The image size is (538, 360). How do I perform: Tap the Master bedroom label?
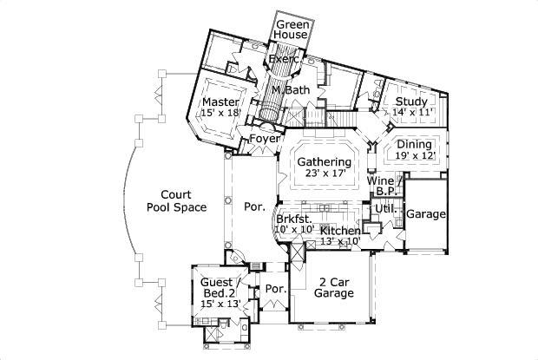(221, 101)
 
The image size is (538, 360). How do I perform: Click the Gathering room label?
(325, 162)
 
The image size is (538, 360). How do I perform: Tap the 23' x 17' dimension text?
(325, 173)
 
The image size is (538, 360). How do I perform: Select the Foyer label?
(265, 139)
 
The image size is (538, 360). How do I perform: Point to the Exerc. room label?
(284, 59)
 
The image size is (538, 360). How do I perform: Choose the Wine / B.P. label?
(384, 186)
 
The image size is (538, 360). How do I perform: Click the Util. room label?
(385, 209)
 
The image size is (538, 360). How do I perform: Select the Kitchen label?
(340, 230)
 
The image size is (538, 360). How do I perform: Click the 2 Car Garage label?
(334, 287)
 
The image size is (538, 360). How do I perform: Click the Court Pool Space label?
(176, 201)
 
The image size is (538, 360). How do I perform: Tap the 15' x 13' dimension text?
(220, 304)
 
